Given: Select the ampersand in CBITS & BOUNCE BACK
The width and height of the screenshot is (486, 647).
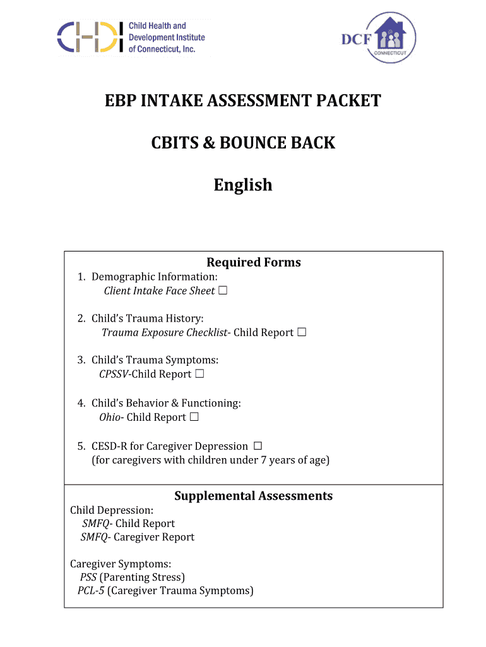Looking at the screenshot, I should [209, 143].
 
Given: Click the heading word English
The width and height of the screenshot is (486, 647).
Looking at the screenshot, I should [243, 185].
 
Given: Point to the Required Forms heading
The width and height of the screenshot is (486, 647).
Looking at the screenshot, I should [254, 262].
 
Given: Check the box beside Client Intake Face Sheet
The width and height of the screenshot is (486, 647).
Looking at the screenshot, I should [223, 291].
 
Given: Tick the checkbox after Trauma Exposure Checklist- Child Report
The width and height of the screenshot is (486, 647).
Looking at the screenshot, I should [302, 332].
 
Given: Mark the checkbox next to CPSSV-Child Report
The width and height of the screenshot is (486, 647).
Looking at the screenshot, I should [199, 374].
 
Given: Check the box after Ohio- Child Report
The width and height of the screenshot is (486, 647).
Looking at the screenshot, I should [194, 417].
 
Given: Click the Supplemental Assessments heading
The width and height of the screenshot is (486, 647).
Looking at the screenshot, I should [253, 496].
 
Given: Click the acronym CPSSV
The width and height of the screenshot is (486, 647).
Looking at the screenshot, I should [114, 374].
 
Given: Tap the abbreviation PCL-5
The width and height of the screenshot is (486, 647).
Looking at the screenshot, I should [90, 591].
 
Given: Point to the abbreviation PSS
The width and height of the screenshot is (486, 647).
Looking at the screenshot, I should [88, 577].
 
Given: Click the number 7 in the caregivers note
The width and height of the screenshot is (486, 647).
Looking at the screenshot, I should [264, 460].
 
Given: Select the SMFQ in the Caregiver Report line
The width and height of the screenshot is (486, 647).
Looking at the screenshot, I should [94, 537].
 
